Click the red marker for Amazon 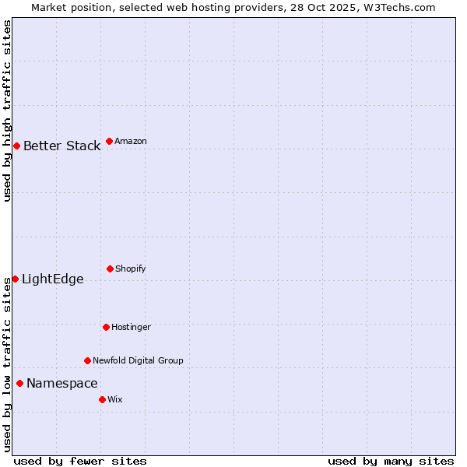click(109, 141)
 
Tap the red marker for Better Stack click(16, 146)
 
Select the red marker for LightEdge click(15, 279)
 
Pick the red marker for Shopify click(110, 269)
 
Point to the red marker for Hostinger click(106, 327)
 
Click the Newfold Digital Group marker click(87, 360)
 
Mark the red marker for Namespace click(19, 383)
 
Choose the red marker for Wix click(102, 399)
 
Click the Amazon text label click(131, 141)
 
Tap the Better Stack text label click(61, 146)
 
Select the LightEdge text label click(52, 279)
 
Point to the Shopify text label click(131, 269)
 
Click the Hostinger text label click(131, 327)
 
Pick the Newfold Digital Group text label click(138, 360)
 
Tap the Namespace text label click(62, 383)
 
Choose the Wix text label click(115, 399)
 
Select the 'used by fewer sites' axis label click(80, 461)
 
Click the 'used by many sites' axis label click(391, 461)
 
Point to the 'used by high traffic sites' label click(7, 111)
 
